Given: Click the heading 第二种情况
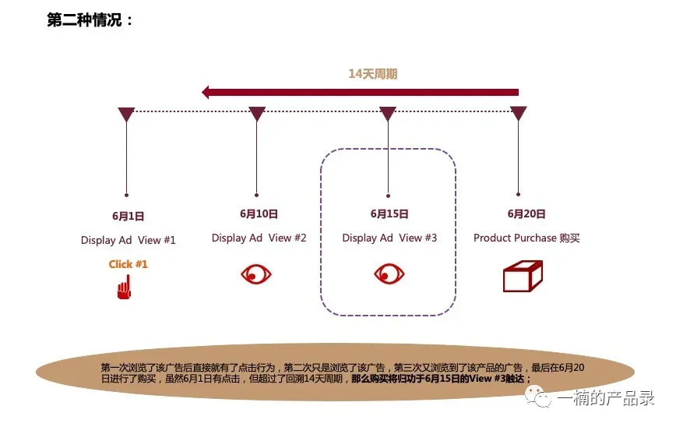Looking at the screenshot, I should (x=90, y=20).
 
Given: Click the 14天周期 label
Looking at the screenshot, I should (x=373, y=74).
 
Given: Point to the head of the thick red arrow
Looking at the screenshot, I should (x=206, y=92).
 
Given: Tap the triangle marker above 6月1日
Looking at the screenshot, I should (x=126, y=114).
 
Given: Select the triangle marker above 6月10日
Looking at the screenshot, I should (x=257, y=114).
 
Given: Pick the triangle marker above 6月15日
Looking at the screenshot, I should (x=388, y=114).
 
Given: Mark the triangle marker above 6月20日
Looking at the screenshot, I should (x=519, y=114).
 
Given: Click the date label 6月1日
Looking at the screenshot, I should (x=128, y=217).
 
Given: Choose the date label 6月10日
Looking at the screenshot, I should (x=259, y=213).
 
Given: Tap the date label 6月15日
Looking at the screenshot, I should (x=389, y=213).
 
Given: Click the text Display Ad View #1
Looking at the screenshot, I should (x=129, y=240).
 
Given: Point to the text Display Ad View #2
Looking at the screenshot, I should (x=259, y=238).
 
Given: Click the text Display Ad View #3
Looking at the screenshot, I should (x=389, y=238).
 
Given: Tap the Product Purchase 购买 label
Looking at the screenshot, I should (x=526, y=238).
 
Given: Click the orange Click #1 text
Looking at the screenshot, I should (x=128, y=264).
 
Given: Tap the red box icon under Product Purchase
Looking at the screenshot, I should (x=522, y=276).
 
